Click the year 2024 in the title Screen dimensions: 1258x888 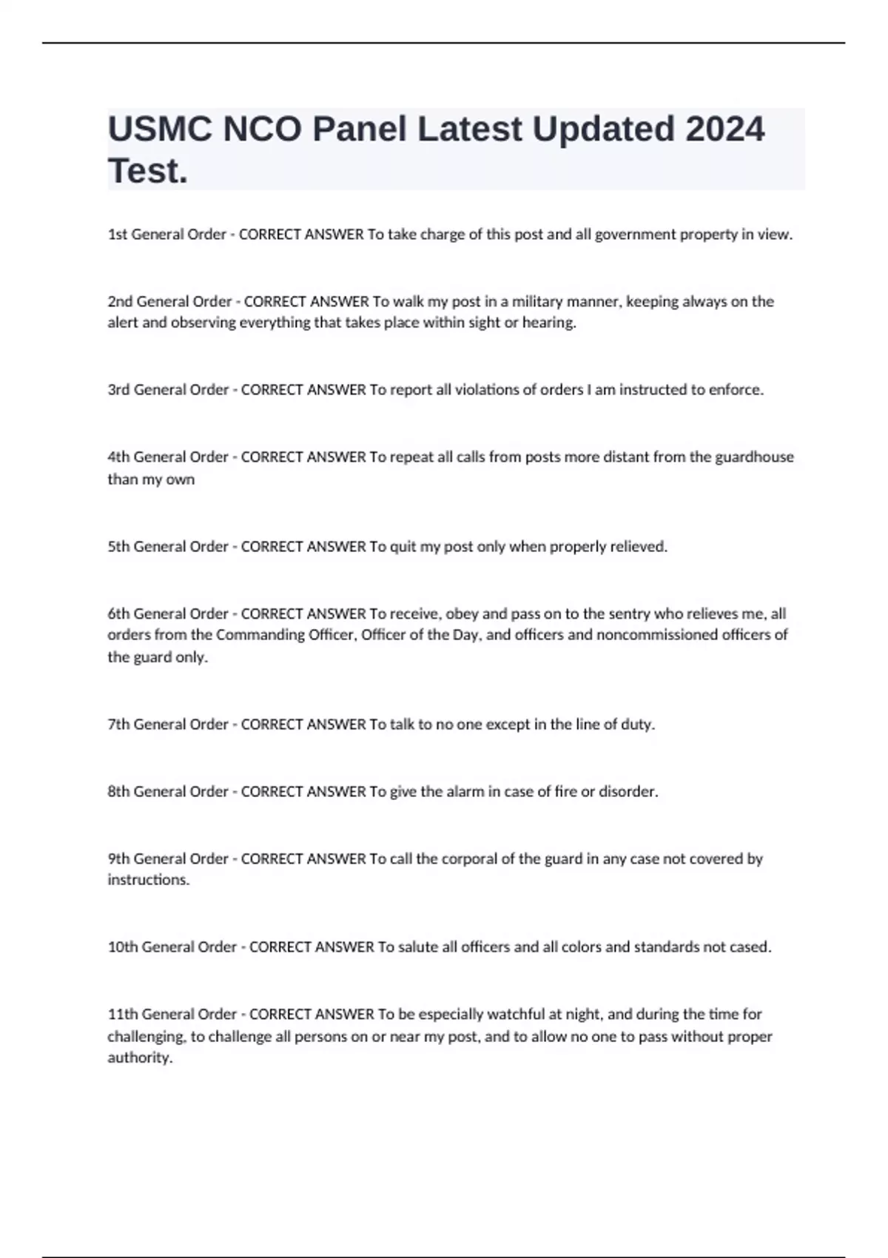click(x=724, y=129)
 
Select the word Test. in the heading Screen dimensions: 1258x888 click(x=148, y=172)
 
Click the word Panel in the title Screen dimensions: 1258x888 click(x=360, y=129)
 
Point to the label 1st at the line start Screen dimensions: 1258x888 click(x=118, y=235)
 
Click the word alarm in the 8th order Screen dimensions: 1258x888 click(x=465, y=792)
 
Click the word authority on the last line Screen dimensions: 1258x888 click(x=140, y=1058)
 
